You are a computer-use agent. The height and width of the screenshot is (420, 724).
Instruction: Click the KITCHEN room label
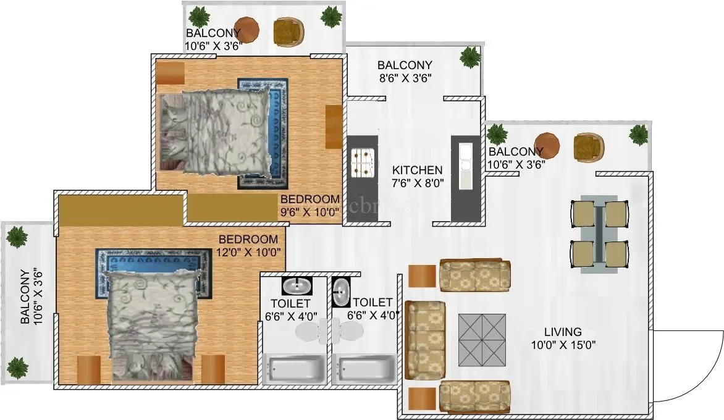pos(418,170)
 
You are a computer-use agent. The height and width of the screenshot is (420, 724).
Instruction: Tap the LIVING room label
pos(562,332)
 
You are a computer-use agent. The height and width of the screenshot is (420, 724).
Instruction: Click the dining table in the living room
pos(599,233)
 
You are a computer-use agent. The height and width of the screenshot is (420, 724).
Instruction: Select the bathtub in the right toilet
pos(363,369)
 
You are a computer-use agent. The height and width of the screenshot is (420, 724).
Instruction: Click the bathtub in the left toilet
pos(294,369)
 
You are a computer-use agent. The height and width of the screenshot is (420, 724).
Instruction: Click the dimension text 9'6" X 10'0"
pos(309,211)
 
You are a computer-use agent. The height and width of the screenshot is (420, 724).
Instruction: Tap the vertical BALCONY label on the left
pos(25,296)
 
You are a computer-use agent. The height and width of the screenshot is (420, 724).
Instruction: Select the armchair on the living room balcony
pos(587,147)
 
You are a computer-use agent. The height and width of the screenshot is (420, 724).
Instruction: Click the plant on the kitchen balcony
pos(470,58)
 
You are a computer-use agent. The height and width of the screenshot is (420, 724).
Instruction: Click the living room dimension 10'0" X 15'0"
pos(562,345)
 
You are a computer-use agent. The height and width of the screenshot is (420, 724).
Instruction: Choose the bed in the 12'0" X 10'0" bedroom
pos(153,321)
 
